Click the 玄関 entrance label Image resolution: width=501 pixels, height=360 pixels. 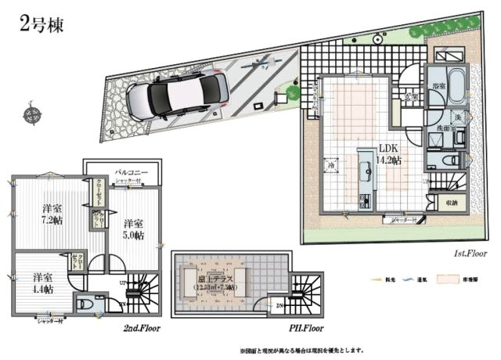[x=410, y=96]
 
